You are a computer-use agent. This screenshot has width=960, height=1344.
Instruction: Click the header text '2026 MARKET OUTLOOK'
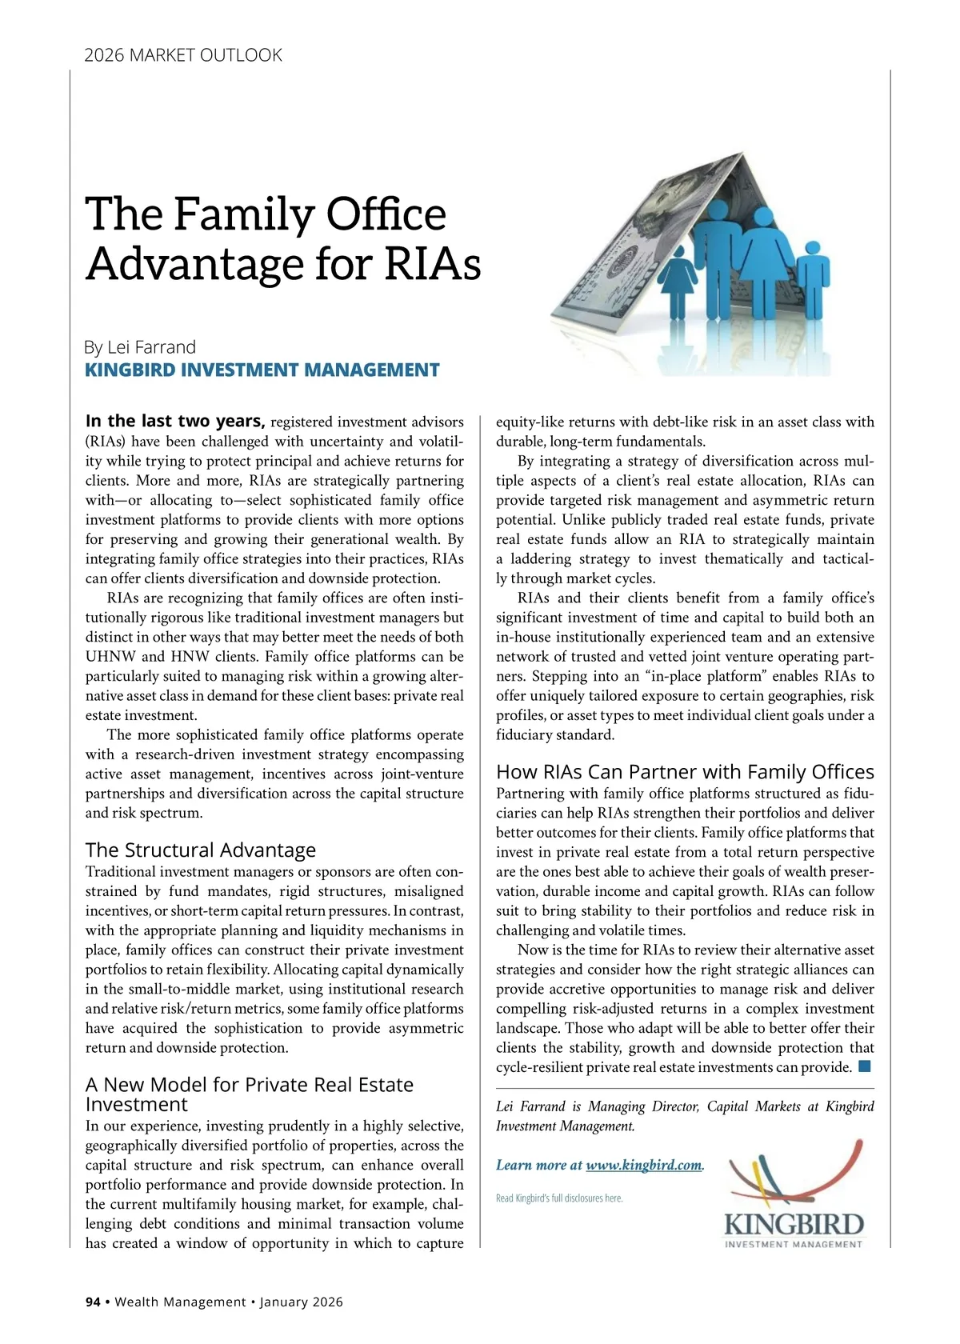point(183,55)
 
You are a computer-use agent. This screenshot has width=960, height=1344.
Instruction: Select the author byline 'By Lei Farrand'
point(140,347)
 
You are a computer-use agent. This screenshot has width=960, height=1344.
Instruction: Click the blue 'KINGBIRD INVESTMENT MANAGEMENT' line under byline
point(262,370)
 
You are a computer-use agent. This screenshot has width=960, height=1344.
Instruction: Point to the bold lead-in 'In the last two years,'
point(175,421)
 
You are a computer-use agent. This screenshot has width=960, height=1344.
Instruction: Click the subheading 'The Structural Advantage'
point(200,850)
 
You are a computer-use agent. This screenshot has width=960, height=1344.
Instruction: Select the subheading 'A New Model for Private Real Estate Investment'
point(249,1094)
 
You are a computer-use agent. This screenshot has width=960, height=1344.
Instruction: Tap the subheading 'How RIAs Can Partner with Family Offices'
point(685,771)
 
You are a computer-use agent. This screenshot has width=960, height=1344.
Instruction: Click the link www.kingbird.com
point(643,1165)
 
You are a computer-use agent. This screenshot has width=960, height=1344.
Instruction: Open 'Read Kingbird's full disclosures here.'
point(559,1198)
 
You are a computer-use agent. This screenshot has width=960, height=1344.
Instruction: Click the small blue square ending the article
point(864,1066)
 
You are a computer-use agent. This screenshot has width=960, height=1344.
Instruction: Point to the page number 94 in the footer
point(93,1302)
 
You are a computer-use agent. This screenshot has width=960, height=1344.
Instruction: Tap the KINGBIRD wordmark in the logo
point(793,1225)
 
